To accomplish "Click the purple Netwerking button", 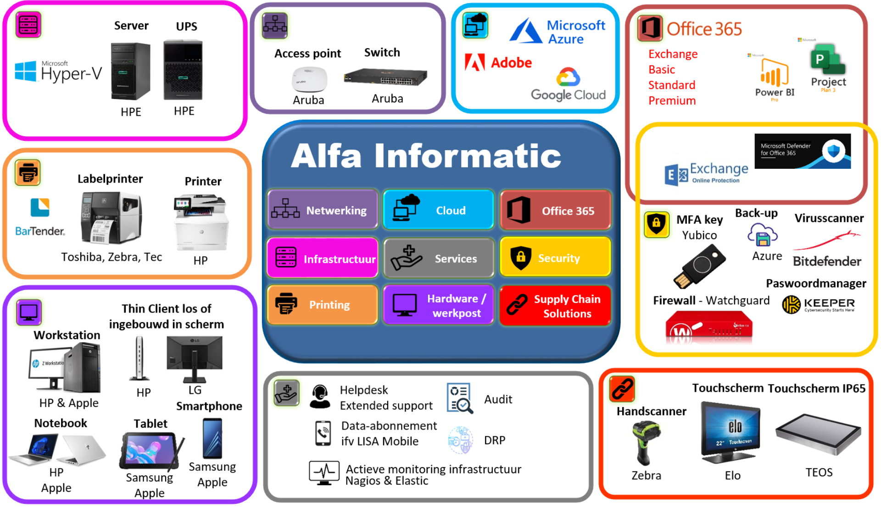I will pos(323,210).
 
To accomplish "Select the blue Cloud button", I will pos(438,210).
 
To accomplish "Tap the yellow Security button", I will pos(555,258).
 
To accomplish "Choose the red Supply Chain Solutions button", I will pos(555,306).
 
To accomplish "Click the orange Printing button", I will pos(323,305).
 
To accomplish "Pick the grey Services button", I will pos(439,258).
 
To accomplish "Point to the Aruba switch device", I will pos(385,78).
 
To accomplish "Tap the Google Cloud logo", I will pos(568,85).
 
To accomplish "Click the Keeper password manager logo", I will pos(818,304).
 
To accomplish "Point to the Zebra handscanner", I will pos(646,443).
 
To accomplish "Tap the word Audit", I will pos(498,399).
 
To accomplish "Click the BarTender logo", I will pos(40,218).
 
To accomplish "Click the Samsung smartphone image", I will pos(212,439).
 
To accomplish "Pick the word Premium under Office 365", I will pos(672,100).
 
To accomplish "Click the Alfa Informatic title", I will pos(425,156).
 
